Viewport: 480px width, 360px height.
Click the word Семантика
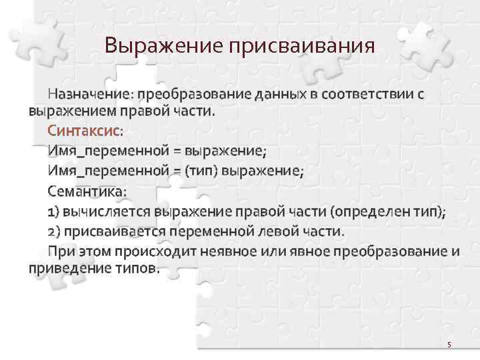(86, 191)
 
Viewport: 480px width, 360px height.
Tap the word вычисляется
(106, 212)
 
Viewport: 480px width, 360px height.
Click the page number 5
(449, 345)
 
